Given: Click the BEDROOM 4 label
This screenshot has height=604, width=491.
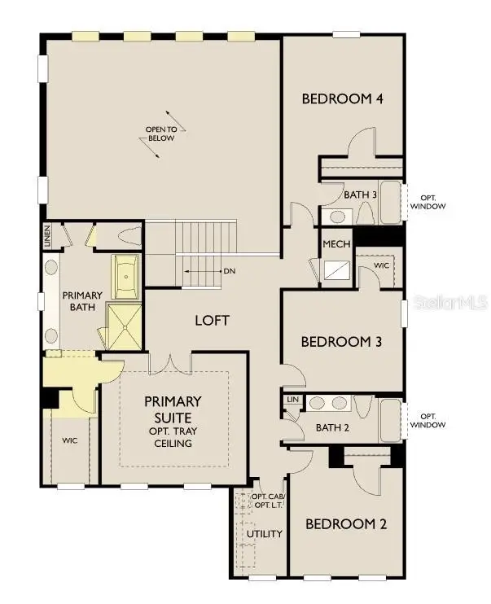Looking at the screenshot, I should (x=342, y=99).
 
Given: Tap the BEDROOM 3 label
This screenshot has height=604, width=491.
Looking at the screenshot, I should (x=342, y=341).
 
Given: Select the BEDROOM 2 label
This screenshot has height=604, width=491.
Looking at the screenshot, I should (x=345, y=523).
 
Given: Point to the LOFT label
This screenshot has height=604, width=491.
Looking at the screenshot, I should (x=212, y=320).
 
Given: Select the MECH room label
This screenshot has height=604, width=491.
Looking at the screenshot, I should (x=336, y=244).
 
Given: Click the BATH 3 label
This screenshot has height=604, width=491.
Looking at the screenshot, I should (x=360, y=195).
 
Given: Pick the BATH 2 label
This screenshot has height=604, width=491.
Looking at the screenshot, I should (x=332, y=428).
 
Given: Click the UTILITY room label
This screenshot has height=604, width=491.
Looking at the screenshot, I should (x=266, y=534).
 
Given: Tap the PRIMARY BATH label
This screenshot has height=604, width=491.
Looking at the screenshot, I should (x=82, y=301).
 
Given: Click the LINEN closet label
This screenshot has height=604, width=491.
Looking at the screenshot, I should (x=48, y=235).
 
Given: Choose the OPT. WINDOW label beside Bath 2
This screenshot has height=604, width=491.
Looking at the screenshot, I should (x=427, y=420).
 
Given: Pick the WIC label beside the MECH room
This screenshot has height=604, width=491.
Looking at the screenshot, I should (x=381, y=266).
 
